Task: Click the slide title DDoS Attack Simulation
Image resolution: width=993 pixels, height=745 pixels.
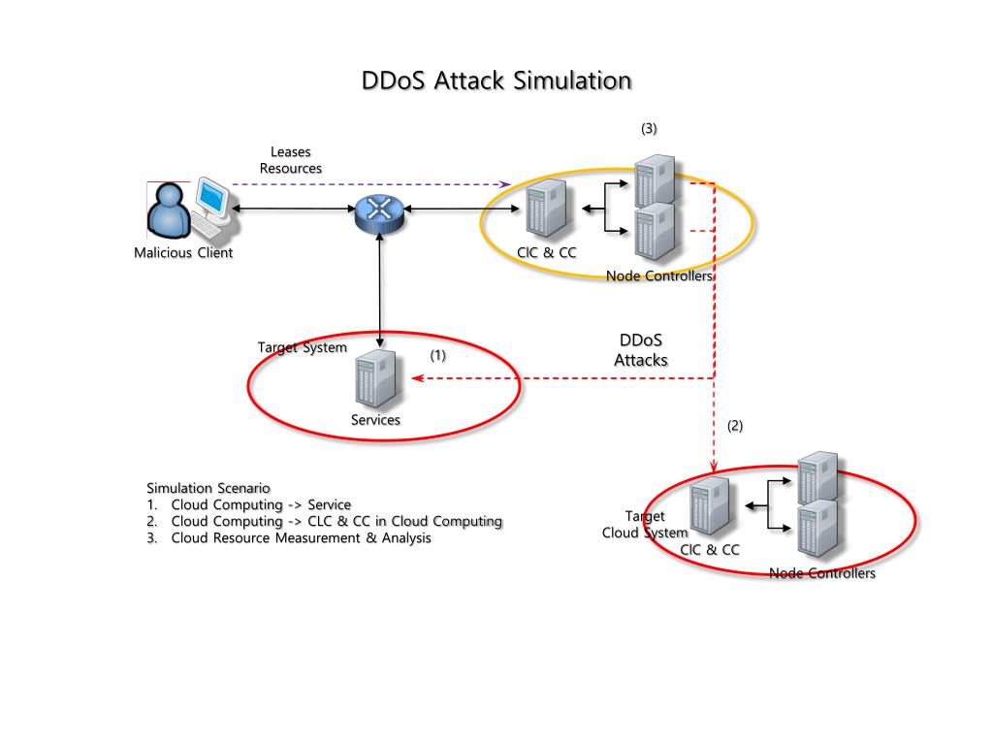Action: pos(496,81)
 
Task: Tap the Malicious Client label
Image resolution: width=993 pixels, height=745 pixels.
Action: pos(183,254)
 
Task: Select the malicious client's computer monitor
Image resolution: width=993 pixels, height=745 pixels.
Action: pos(210,197)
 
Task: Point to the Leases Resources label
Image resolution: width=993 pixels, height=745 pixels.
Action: pos(291,160)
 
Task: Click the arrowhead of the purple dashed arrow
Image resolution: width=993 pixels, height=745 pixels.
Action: pos(505,183)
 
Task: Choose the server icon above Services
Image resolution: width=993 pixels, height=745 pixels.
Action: pos(376,380)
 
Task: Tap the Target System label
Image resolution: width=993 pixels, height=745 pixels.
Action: pos(302,347)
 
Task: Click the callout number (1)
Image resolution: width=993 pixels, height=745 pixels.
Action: pos(438,355)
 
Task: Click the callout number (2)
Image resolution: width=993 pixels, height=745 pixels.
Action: pos(736,426)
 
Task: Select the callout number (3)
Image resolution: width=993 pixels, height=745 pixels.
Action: pos(649,128)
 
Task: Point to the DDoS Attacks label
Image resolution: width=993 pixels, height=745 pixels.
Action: pos(641,350)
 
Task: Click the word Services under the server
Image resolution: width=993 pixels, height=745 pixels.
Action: pos(375,420)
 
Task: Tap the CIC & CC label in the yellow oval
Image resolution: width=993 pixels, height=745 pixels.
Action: pos(547,253)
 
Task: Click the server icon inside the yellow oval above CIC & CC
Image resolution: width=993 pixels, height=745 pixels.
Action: pos(546,209)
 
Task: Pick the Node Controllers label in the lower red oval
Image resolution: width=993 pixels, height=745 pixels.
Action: pos(822,573)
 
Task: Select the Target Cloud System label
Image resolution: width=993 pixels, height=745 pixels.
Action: pos(645,524)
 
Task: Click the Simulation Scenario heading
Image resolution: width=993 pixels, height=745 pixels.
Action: pos(208,487)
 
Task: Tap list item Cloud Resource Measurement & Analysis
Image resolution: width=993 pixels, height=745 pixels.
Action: pos(301,538)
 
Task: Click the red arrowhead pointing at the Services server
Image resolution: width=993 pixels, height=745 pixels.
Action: pos(417,378)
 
